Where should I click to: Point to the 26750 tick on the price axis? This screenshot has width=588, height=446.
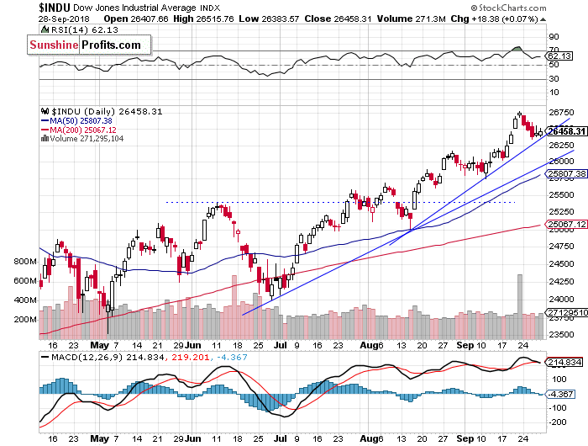click(560, 111)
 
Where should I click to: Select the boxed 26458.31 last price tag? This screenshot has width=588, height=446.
click(565, 131)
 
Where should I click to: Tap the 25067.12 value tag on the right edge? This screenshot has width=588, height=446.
click(564, 226)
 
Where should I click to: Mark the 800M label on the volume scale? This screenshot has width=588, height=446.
click(28, 262)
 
